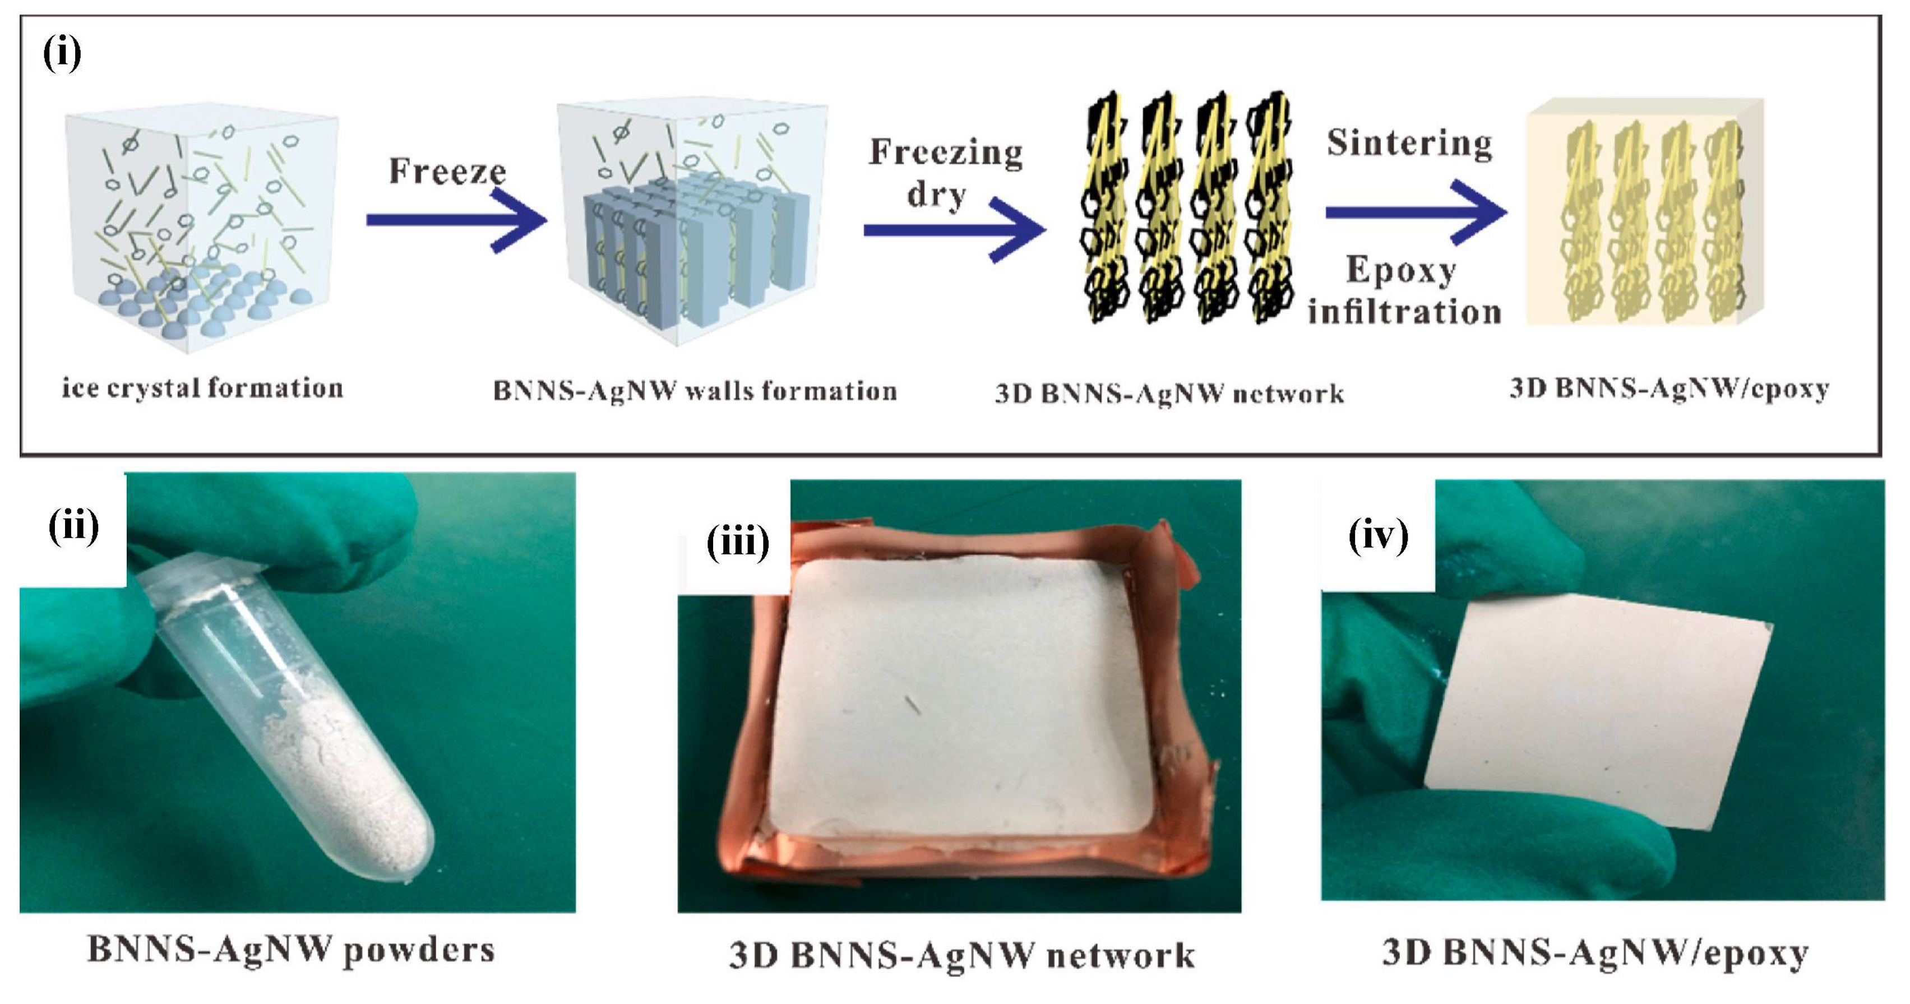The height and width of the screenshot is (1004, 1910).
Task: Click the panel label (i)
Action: pyautogui.click(x=62, y=55)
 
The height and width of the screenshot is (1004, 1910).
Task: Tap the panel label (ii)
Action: pyautogui.click(x=73, y=528)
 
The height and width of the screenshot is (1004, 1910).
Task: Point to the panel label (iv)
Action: pyautogui.click(x=1377, y=535)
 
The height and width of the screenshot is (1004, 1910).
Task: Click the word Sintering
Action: pyautogui.click(x=1409, y=143)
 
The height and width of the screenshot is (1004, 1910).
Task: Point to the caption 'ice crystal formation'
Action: pyautogui.click(x=202, y=388)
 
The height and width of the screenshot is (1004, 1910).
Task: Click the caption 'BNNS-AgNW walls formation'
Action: pyautogui.click(x=695, y=391)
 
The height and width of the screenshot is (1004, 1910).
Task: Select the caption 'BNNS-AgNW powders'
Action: pyautogui.click(x=290, y=950)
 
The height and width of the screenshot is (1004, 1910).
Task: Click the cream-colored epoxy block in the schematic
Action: pyautogui.click(x=1643, y=215)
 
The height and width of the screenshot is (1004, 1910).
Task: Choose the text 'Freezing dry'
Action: pyautogui.click(x=945, y=173)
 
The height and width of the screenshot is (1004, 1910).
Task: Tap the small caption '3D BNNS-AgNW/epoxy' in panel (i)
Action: pyautogui.click(x=1669, y=388)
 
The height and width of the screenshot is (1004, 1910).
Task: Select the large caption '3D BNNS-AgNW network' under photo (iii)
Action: pyautogui.click(x=961, y=955)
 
